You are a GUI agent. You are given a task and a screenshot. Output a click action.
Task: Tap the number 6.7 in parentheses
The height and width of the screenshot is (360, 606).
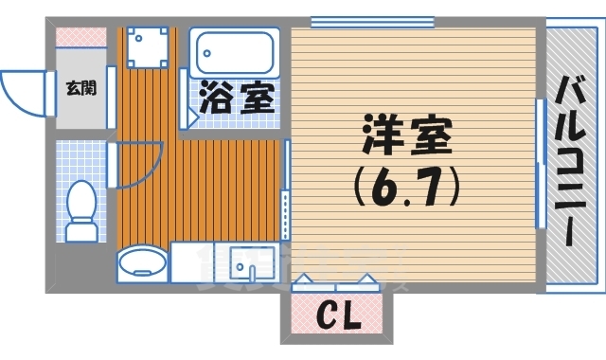click(407, 186)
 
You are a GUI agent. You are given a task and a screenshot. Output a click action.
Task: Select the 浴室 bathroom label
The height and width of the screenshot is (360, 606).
click(238, 99)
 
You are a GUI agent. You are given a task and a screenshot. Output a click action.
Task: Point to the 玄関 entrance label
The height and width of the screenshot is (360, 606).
click(79, 88)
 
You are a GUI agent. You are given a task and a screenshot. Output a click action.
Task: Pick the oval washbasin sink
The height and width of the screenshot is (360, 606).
click(142, 262)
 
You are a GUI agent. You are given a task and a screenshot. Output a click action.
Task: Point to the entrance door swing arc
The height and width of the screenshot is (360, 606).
click(21, 93)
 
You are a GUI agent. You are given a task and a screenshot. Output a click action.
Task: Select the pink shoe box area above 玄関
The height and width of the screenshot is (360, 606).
click(80, 37)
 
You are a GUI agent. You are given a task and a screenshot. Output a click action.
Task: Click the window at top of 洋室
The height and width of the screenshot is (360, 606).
click(359, 21)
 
